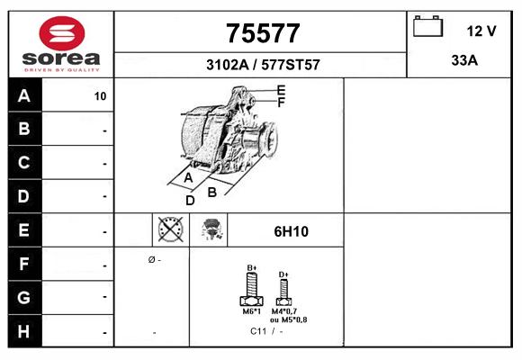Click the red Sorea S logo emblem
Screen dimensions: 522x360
click(x=62, y=33)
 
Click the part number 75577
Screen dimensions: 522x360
click(x=263, y=33)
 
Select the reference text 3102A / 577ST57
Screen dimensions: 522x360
click(x=263, y=65)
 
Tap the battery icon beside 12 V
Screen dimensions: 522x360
click(x=428, y=26)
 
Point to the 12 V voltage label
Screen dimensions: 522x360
click(x=481, y=31)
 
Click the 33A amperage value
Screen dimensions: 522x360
click(x=464, y=60)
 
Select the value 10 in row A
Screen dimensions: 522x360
click(x=100, y=96)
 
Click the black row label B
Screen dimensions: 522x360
click(x=24, y=129)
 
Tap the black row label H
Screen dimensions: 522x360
click(x=24, y=331)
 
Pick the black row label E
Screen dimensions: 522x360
click(x=24, y=229)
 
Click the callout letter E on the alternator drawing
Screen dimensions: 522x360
click(x=282, y=90)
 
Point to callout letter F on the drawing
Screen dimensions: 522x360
click(x=282, y=103)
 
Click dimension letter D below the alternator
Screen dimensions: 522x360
click(x=190, y=201)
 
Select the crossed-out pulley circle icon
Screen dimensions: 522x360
click(x=170, y=229)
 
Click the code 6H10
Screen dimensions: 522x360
click(x=292, y=231)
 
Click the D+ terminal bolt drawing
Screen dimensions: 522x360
click(x=283, y=292)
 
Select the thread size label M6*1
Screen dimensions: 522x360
click(x=252, y=311)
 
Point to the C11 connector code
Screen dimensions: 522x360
click(x=258, y=331)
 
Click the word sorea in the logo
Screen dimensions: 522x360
click(x=61, y=58)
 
